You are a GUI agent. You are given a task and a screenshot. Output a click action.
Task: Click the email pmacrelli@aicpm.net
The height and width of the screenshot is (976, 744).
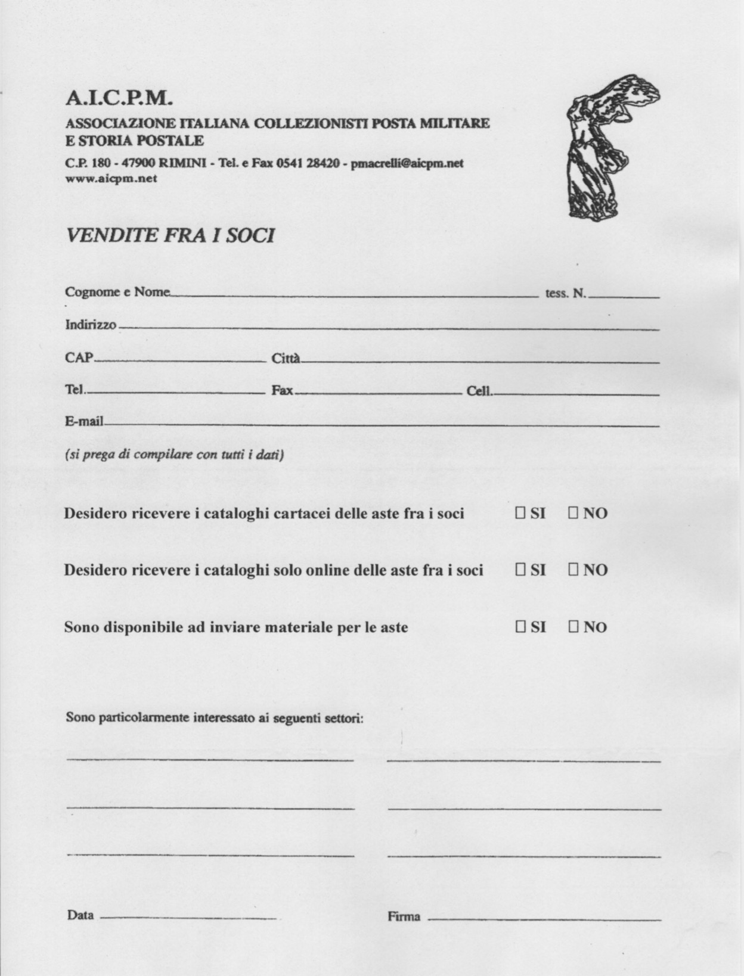point(407,163)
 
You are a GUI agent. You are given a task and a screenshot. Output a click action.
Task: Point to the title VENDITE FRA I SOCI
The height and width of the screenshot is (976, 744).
point(170,236)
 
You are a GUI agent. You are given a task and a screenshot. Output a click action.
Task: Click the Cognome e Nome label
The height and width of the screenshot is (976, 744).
point(117,292)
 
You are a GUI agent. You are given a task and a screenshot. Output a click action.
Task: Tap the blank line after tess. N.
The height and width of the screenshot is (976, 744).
point(624,296)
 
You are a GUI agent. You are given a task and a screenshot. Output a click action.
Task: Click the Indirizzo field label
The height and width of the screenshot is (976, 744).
point(91,325)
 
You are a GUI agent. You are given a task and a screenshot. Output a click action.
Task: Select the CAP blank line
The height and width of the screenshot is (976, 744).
point(181,360)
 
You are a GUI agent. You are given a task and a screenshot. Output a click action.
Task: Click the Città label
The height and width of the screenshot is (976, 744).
point(286,359)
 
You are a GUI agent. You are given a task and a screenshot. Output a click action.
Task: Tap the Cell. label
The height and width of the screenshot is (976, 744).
point(479,391)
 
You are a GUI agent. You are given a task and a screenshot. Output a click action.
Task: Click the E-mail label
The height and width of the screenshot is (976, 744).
point(84,422)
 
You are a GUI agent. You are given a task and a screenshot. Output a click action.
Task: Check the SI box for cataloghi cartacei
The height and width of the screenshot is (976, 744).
point(520,513)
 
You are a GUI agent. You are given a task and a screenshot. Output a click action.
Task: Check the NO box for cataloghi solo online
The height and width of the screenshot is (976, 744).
point(573,570)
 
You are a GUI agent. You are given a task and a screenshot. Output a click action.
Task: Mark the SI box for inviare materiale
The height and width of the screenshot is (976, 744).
point(520,627)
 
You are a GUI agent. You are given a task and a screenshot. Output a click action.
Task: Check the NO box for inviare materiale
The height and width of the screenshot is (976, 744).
point(573,627)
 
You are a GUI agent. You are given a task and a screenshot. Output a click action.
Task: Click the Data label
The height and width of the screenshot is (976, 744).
point(80,915)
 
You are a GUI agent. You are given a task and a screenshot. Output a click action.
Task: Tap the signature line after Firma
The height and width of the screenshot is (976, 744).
point(544,919)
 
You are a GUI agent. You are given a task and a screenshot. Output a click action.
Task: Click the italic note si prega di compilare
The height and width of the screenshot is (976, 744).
point(174,455)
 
